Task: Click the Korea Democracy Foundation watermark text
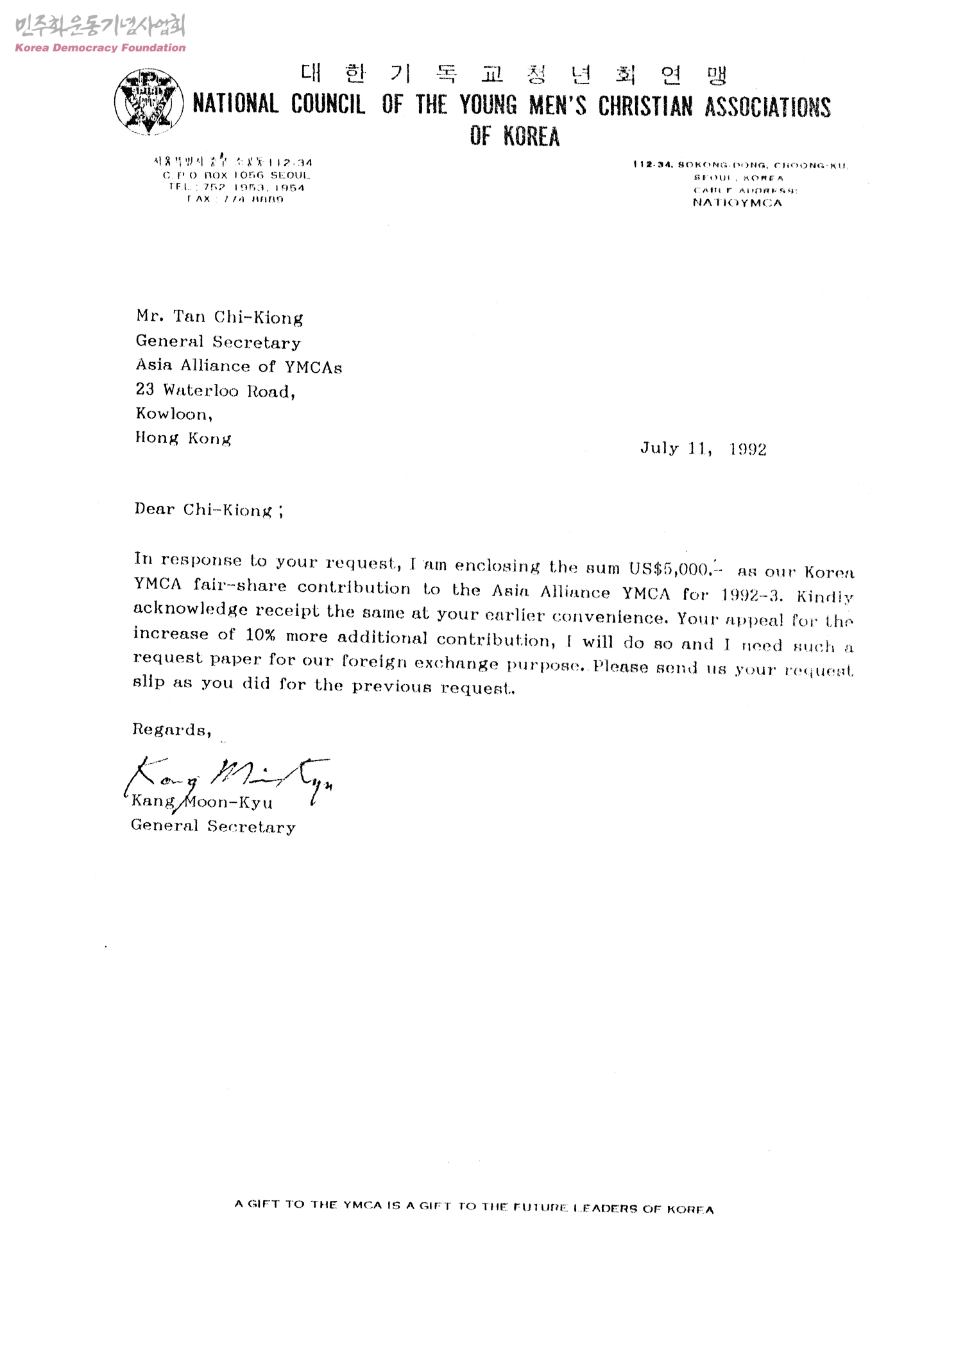coord(100,48)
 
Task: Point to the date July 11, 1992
coord(703,449)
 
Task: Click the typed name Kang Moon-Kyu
coord(201,802)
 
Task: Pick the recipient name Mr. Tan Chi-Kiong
coord(219,317)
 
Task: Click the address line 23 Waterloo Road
coord(215,390)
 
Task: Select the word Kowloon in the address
coord(173,414)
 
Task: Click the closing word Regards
coord(171,730)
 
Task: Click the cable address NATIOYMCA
coord(737,203)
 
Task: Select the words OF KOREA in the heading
coord(514,136)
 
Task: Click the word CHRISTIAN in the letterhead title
coord(645,107)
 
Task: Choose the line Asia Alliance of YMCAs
coord(238,366)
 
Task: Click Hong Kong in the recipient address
coord(183,438)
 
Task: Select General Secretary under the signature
coord(213,827)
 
